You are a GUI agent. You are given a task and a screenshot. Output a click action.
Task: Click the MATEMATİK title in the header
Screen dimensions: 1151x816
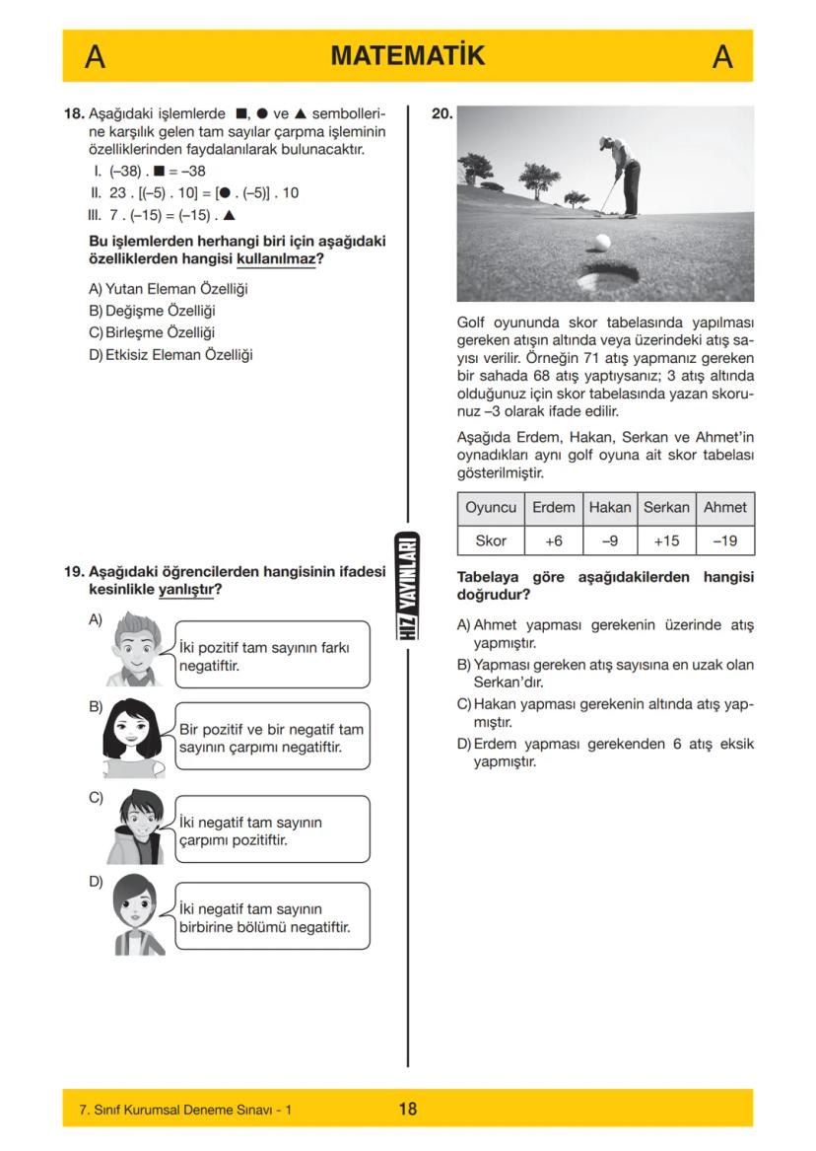coord(408,56)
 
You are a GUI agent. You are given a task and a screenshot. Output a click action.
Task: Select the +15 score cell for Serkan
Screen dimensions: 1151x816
coord(666,540)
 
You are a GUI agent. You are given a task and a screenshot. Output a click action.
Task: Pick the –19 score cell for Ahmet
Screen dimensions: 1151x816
coord(725,540)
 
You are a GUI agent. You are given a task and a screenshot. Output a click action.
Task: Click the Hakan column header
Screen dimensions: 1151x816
coord(609,507)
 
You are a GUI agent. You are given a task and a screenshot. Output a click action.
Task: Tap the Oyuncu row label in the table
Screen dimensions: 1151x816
coord(491,507)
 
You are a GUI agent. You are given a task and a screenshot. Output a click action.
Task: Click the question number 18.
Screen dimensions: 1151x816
coord(74,113)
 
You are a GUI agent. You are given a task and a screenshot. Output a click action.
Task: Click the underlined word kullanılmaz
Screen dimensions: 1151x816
coord(276,258)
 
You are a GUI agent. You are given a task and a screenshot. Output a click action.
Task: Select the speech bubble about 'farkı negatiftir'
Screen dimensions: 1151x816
coord(271,655)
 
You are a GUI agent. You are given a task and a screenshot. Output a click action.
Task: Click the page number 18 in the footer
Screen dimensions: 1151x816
coord(407,1109)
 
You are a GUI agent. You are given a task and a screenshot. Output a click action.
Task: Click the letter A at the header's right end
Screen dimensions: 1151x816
coord(722,57)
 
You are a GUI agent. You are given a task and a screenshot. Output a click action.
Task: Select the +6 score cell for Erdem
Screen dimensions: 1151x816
coord(553,540)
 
